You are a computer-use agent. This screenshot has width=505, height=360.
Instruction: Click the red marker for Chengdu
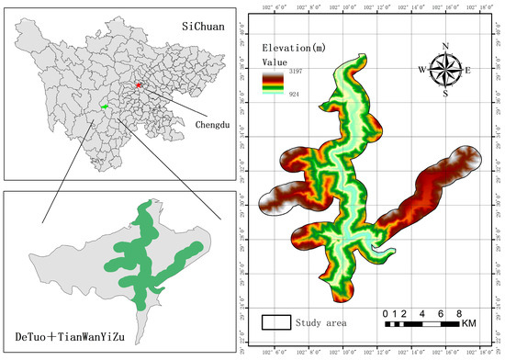tap(140, 85)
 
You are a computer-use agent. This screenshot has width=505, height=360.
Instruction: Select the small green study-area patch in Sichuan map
tap(105, 107)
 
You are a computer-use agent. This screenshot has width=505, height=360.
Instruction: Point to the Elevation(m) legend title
tap(293, 47)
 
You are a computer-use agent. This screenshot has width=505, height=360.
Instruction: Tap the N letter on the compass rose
tap(446, 46)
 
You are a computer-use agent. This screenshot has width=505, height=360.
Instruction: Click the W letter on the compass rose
tap(423, 70)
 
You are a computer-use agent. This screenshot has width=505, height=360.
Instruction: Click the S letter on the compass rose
tap(446, 93)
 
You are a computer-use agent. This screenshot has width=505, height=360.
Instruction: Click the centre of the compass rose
tap(446, 70)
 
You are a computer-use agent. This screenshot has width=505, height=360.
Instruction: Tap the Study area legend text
tap(321, 322)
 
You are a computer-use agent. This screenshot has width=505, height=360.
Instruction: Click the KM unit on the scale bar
tap(469, 324)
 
